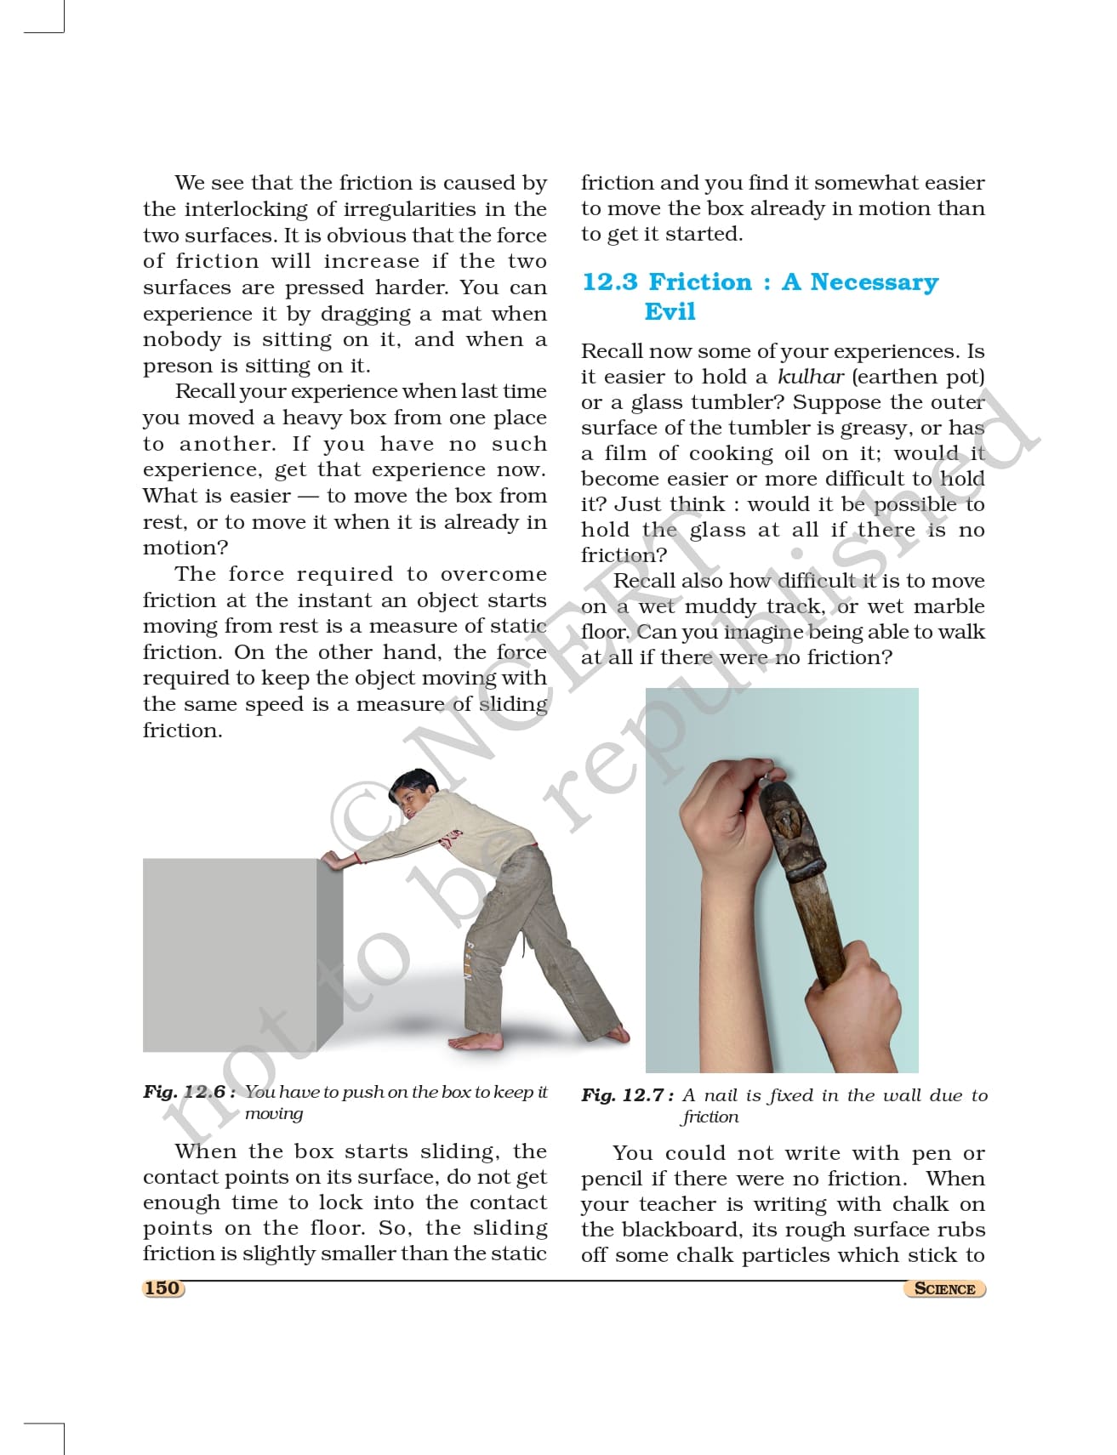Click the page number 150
pyautogui.click(x=162, y=1287)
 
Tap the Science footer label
pyautogui.click(x=944, y=1288)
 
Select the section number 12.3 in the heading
pyautogui.click(x=609, y=282)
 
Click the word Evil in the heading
pyautogui.click(x=670, y=311)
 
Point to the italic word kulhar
pyautogui.click(x=810, y=377)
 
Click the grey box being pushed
pyautogui.click(x=230, y=952)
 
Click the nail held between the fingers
pyautogui.click(x=771, y=776)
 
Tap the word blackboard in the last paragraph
pyautogui.click(x=675, y=1230)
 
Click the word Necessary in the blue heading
pyautogui.click(x=874, y=282)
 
